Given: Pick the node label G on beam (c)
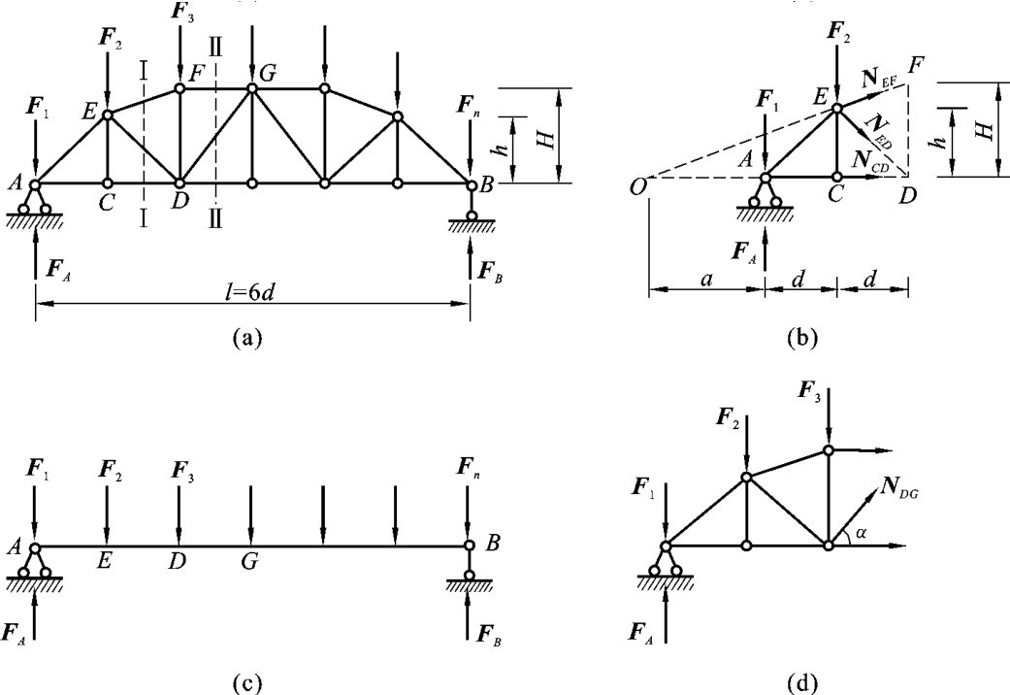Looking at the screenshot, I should (251, 561).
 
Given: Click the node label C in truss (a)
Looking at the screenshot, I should (108, 207).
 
